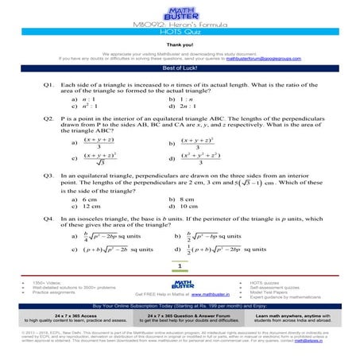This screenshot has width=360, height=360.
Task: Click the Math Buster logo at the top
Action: coord(180,10)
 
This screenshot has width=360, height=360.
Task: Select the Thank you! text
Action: coord(180,45)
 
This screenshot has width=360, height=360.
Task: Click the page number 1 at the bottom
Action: coord(180,265)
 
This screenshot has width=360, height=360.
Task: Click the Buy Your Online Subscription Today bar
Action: coord(180,305)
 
